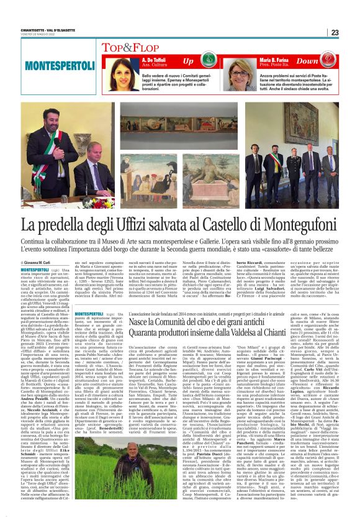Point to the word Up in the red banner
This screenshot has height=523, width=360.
tap(188, 61)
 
